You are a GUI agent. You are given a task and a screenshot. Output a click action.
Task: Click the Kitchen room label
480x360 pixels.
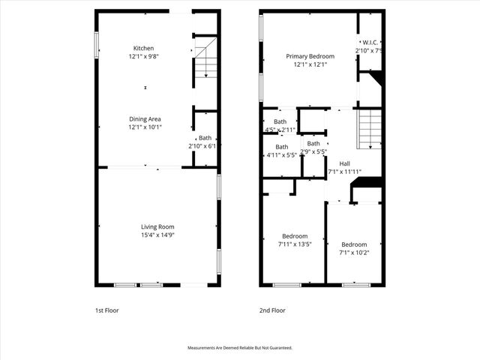point(144,49)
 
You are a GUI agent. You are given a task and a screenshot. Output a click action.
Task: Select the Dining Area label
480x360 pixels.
point(145,118)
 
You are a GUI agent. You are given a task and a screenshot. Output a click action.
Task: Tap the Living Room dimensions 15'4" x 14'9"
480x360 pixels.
point(157,235)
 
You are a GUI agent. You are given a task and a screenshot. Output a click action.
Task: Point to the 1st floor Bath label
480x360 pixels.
point(205,137)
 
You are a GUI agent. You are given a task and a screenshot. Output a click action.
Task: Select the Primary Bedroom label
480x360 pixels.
point(309,56)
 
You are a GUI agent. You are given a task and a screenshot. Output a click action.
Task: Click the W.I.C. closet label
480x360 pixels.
point(370,43)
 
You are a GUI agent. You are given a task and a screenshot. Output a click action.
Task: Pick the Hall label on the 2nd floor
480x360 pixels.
point(344,163)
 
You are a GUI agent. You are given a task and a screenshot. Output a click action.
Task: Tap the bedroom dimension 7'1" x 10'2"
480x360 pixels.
point(354,253)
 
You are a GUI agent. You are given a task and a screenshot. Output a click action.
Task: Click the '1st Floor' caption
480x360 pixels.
point(106,310)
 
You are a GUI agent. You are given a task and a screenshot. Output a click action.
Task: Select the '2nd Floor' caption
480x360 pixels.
point(272,310)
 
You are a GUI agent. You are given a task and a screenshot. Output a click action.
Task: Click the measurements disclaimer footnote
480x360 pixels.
point(239,348)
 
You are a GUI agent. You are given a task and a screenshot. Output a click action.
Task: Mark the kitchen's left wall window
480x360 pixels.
point(96,43)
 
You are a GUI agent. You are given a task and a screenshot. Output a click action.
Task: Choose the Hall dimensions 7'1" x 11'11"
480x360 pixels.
point(344,171)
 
